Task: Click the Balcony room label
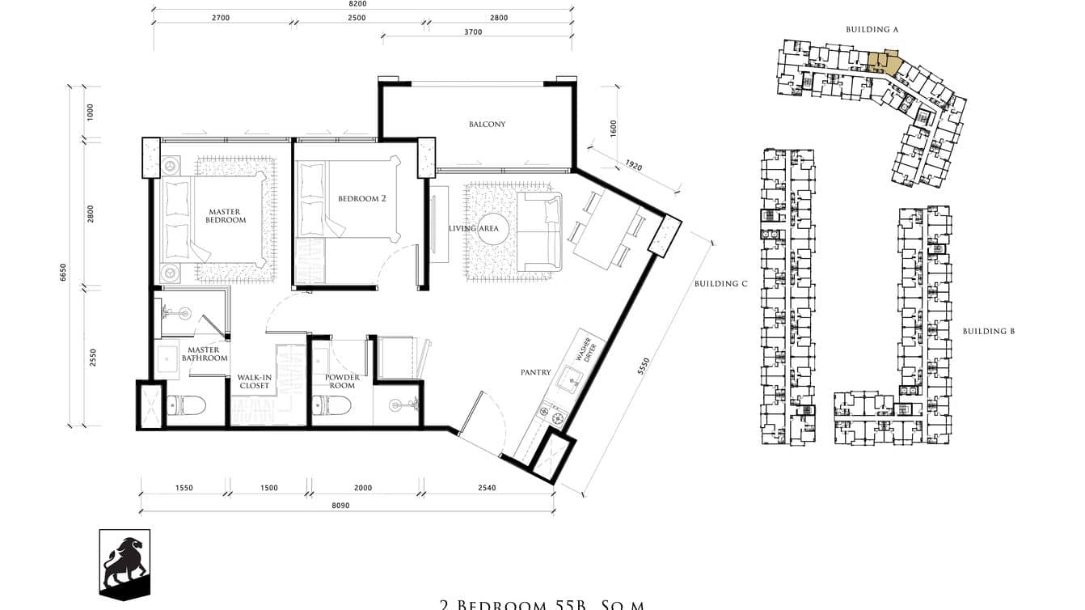[x=487, y=125]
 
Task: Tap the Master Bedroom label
[x=225, y=216]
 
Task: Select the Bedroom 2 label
[x=361, y=198]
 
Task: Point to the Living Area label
[x=474, y=228]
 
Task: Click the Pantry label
[x=535, y=373]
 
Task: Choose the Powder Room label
[x=342, y=382]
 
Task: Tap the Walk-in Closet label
[x=254, y=382]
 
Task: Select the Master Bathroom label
[x=205, y=354]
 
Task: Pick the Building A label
[x=872, y=30]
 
